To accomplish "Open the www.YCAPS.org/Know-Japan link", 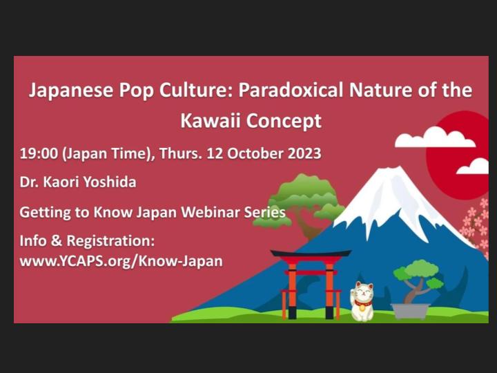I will pos(121,262).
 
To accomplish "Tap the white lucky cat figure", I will pos(362,302).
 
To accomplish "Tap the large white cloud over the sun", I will pos(435,137).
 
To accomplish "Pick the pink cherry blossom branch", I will pos(476,228).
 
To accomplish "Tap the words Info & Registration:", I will pos(87,242).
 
